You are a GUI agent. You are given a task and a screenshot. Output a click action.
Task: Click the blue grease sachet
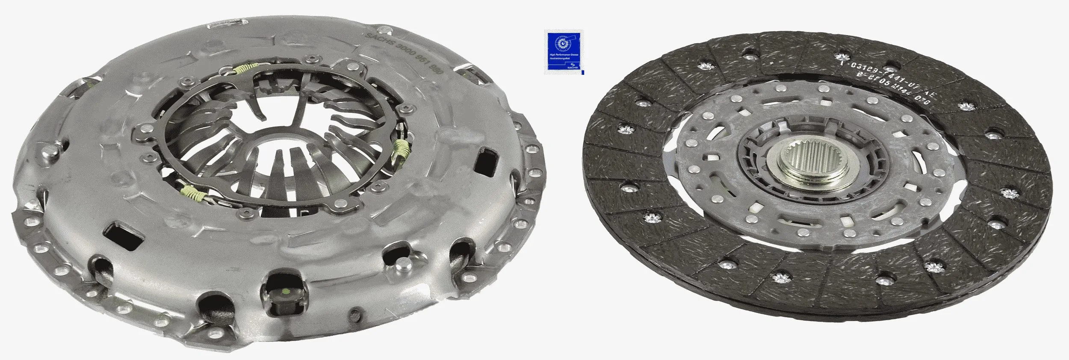tap(563, 52)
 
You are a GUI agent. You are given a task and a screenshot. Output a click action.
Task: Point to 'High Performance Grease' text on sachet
tap(563, 56)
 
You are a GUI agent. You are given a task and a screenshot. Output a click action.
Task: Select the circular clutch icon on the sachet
tap(562, 42)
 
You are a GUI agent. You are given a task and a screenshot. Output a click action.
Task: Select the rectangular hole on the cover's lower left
tap(125, 236)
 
